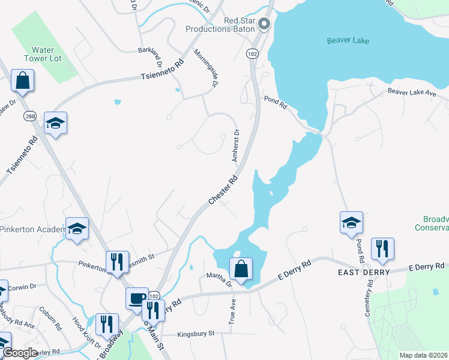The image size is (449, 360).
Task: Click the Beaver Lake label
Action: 348,41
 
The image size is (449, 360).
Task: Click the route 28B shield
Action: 29,116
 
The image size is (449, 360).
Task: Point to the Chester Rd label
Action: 223,190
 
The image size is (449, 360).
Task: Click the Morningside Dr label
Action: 205,68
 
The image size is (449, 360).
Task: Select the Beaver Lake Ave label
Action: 412,92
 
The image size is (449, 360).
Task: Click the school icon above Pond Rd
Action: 351,223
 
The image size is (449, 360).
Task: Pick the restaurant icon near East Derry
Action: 382,249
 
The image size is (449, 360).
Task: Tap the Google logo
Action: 20,353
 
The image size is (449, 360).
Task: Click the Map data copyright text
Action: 423,355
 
